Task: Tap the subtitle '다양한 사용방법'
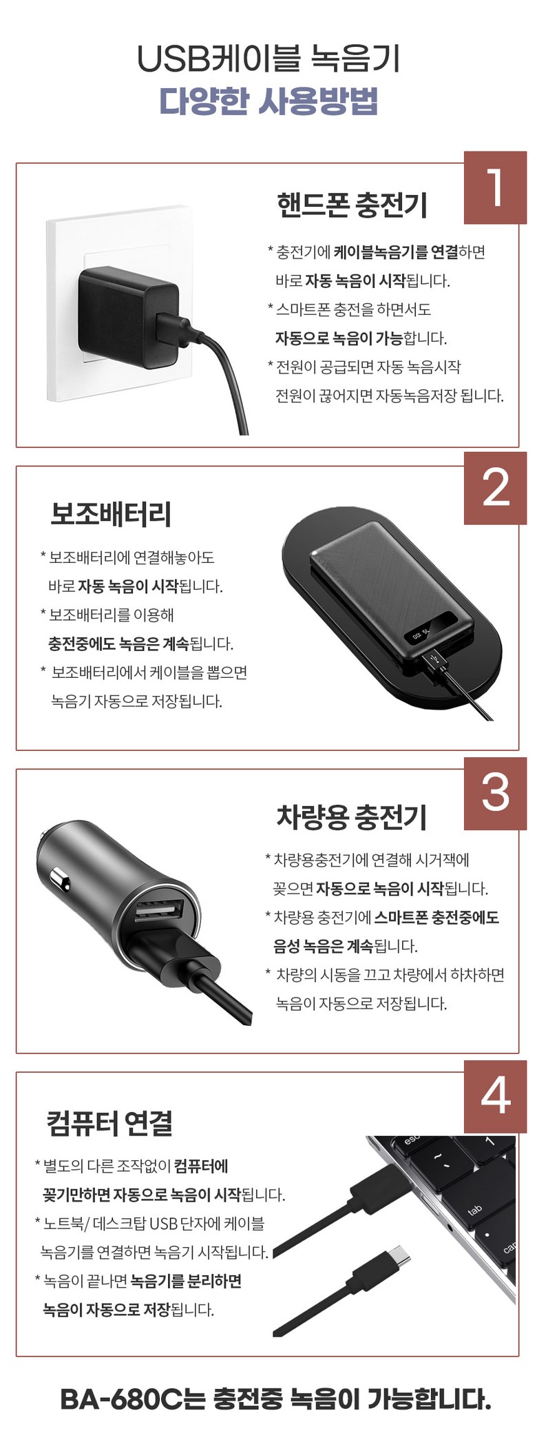click(268, 101)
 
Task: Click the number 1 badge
click(495, 187)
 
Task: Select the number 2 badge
click(495, 488)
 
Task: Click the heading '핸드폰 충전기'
click(352, 205)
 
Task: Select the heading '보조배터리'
click(111, 514)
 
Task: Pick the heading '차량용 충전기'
click(352, 817)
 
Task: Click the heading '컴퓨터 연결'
click(109, 1123)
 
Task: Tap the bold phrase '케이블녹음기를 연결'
click(396, 252)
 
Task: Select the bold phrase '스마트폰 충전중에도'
click(436, 918)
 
